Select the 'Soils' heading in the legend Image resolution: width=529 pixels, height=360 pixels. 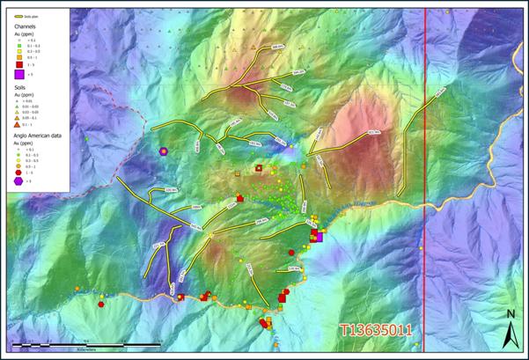point(20,88)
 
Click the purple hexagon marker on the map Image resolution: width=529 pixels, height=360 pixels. point(164,151)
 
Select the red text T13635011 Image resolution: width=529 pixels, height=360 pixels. point(376,331)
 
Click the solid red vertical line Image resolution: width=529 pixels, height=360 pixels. point(426,176)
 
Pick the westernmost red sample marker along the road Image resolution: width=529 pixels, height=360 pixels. point(101,303)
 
